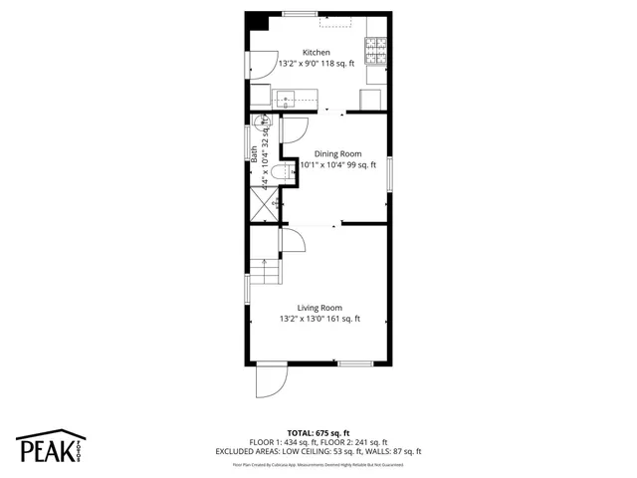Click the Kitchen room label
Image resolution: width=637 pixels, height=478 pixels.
pos(317,53)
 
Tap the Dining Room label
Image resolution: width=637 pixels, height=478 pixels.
pos(338,153)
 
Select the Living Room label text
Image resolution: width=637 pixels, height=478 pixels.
pos(319,308)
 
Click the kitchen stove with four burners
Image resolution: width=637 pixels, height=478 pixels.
pos(376,47)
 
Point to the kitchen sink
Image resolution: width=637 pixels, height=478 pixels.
pos(287,98)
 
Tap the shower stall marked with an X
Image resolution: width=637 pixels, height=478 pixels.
pos(265,205)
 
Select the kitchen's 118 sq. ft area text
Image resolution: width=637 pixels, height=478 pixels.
pos(338,63)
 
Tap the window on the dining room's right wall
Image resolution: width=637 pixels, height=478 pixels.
pos(389,174)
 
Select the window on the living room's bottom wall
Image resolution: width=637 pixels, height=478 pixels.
pos(354,363)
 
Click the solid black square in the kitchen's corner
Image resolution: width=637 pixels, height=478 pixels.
pos(257,22)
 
